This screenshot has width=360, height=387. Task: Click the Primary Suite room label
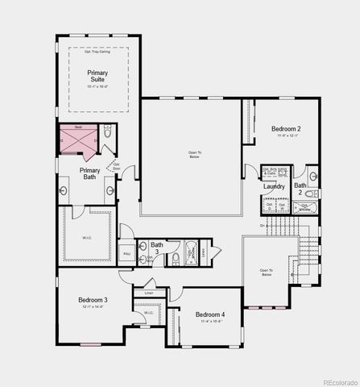[x=97, y=76]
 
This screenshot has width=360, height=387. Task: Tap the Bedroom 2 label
[x=286, y=129]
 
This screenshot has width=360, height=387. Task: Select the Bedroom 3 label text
[x=93, y=300]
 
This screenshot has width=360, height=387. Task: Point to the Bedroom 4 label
[x=209, y=314]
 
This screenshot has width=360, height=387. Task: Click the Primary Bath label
[x=90, y=173]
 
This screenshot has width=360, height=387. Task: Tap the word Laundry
[x=274, y=187]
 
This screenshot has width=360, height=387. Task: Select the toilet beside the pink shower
[x=108, y=134]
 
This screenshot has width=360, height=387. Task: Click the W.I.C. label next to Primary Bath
[x=87, y=237]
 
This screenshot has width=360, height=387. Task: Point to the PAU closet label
[x=126, y=253]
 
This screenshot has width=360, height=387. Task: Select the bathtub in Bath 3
[x=191, y=252]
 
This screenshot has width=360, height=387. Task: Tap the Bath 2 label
[x=298, y=189]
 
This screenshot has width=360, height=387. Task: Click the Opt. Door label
[x=117, y=168]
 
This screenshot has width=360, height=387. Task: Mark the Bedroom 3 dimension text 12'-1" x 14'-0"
[x=93, y=307]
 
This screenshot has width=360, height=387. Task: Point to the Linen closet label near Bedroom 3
[x=149, y=292]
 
